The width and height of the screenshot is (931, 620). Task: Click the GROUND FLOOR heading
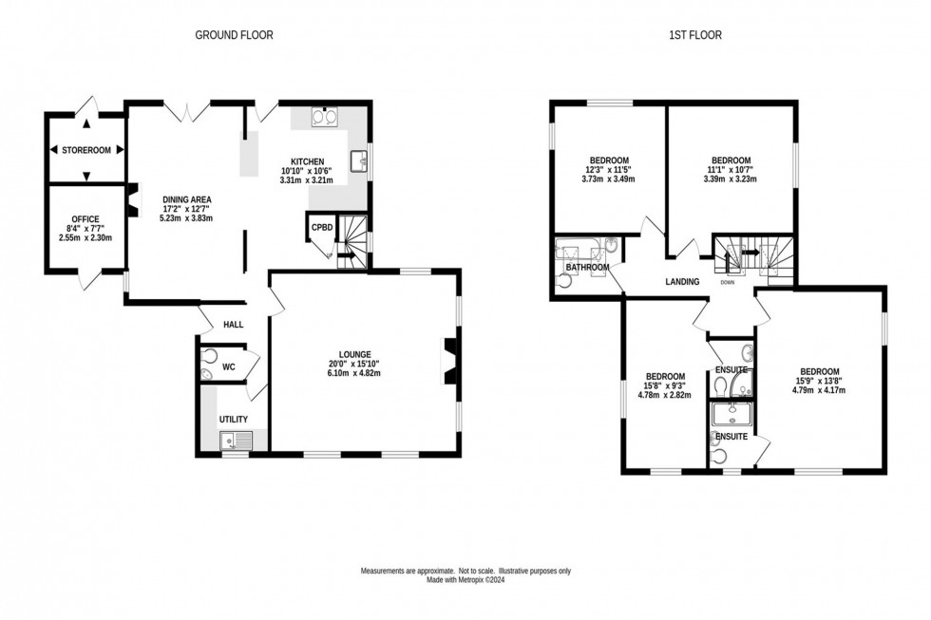click(x=234, y=35)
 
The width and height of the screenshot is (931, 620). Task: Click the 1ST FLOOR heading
click(x=695, y=35)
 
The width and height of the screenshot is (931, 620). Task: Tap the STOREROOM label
click(x=86, y=150)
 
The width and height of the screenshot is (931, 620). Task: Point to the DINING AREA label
click(x=185, y=197)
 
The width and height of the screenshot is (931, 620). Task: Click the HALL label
click(x=233, y=325)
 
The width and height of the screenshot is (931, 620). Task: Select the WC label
click(x=228, y=366)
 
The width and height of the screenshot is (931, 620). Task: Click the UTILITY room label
click(x=233, y=419)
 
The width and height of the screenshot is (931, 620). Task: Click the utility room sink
click(x=230, y=440)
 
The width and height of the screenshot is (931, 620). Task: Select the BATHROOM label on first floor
click(x=587, y=268)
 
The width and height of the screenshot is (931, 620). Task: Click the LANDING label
click(x=682, y=281)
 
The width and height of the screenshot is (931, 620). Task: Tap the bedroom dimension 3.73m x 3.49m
click(x=608, y=179)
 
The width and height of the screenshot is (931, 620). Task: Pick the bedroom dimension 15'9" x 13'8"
click(x=818, y=382)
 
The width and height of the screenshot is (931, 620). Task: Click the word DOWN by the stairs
click(x=728, y=282)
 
